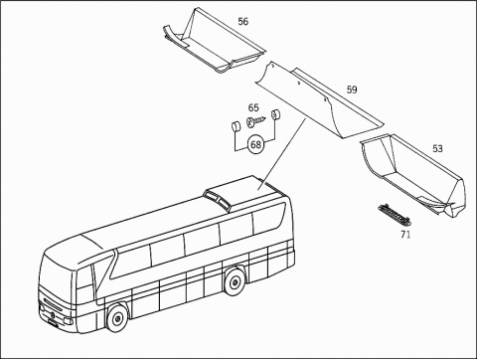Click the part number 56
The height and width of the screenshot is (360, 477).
point(243,21)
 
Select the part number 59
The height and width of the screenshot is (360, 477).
point(352,90)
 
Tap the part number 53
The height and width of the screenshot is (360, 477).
point(437,148)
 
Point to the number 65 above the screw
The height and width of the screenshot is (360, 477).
point(253,107)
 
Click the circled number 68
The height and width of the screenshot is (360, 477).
point(255,144)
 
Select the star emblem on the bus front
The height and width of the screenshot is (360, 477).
point(50,307)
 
